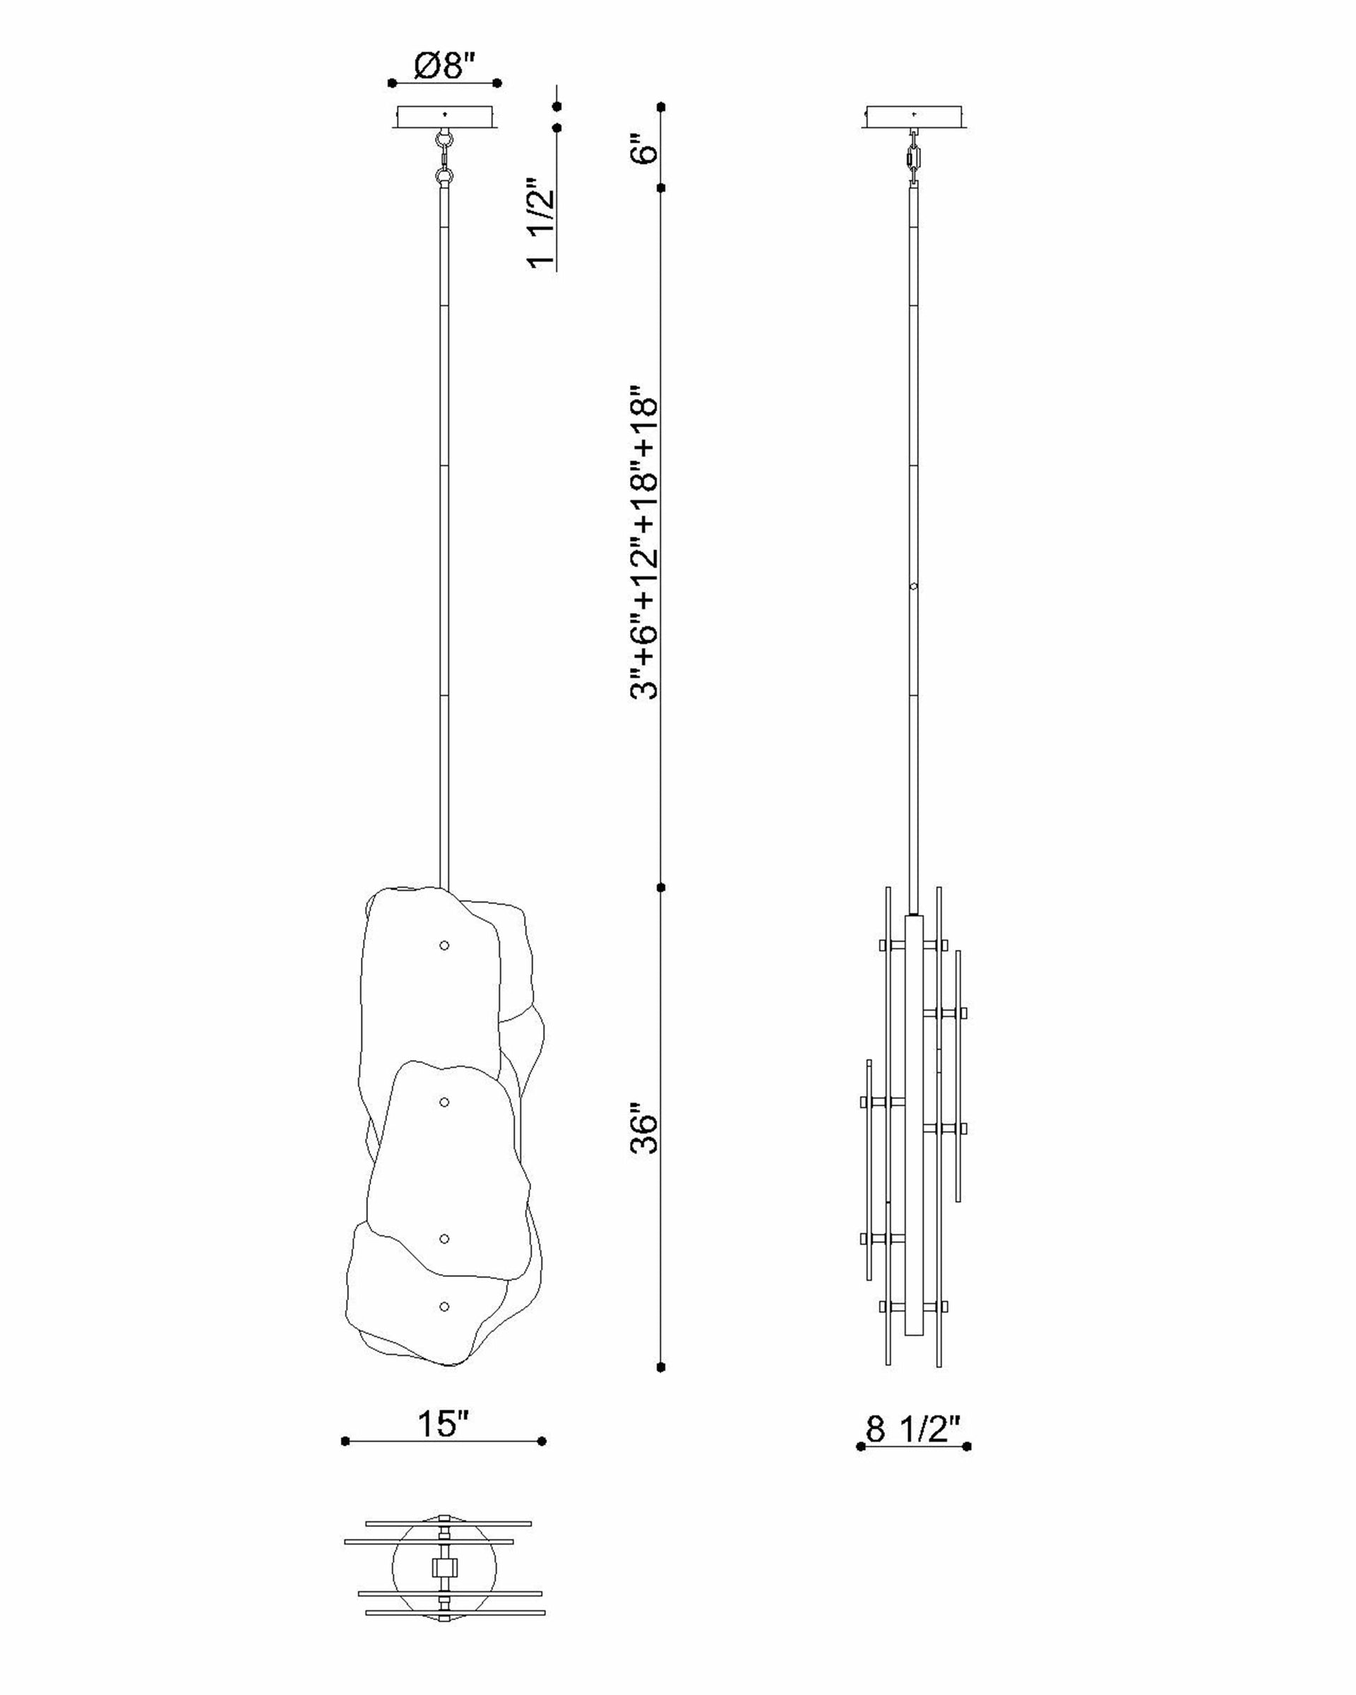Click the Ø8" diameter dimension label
(x=445, y=65)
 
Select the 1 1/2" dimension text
(x=542, y=223)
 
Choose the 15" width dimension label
(x=443, y=1423)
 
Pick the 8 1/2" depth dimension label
(x=913, y=1429)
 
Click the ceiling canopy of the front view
(x=446, y=117)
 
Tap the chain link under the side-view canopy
(x=913, y=157)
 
